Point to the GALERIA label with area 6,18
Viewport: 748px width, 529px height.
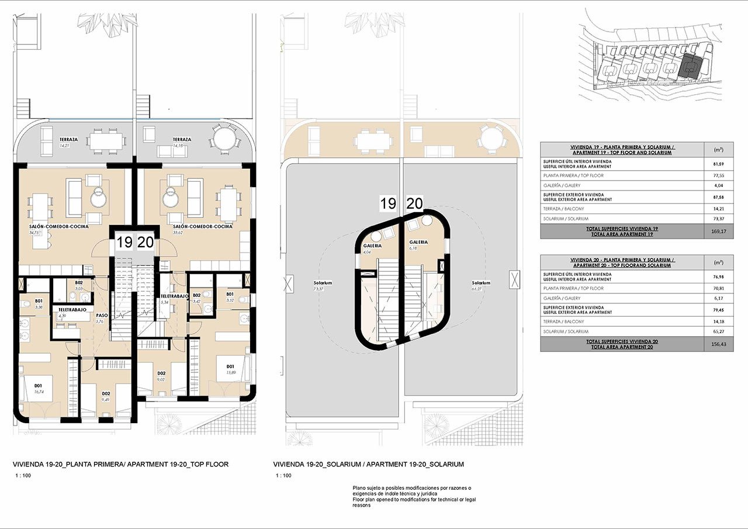point(418,241)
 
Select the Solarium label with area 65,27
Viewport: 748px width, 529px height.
point(481,283)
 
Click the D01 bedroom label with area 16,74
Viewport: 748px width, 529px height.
point(39,385)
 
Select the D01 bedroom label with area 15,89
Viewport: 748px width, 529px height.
point(230,367)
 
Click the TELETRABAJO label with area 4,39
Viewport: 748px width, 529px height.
point(72,309)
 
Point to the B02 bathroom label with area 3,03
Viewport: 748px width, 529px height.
point(78,282)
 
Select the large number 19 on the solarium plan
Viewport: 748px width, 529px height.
point(388,204)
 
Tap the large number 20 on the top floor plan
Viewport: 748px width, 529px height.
point(146,242)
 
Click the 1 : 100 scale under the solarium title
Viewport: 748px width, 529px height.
point(283,476)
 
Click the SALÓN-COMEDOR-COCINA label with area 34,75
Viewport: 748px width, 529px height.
point(58,226)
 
